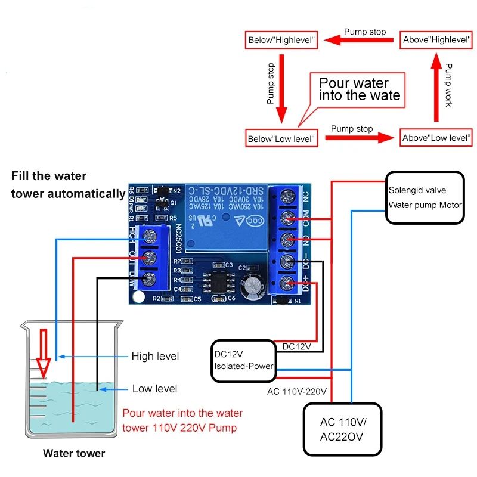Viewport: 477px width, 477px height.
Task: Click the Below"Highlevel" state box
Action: [x=280, y=41]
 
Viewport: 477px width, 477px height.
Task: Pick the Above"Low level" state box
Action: [x=436, y=138]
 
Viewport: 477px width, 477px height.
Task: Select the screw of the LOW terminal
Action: [x=150, y=278]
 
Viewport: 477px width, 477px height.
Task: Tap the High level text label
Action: [x=155, y=356]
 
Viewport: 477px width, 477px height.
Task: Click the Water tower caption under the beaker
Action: [x=74, y=453]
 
